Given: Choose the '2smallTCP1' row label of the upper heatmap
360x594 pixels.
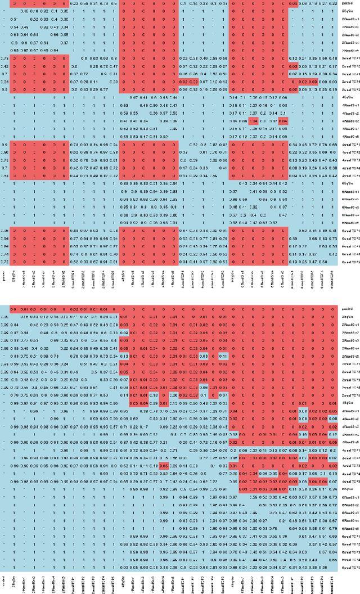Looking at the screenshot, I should click(349, 58).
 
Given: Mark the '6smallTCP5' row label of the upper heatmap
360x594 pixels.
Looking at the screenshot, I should click(349, 262).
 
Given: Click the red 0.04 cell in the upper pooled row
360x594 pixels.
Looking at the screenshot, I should click(292, 3).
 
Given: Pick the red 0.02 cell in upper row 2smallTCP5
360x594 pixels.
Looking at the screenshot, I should click(292, 89).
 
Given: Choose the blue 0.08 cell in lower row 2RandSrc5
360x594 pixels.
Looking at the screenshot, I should click(203, 356).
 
